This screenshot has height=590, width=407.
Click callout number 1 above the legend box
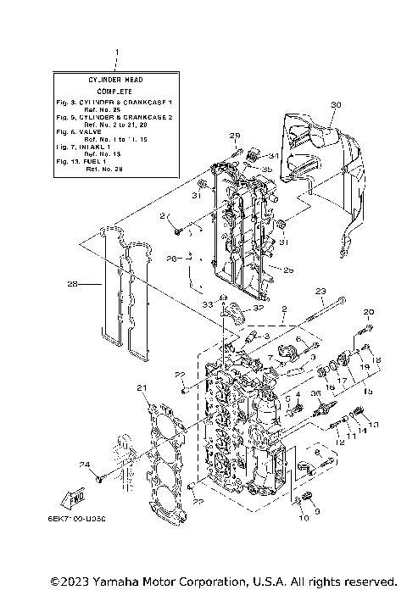[116, 53]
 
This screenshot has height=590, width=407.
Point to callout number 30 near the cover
[335, 104]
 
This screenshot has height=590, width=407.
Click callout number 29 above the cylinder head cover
[235, 136]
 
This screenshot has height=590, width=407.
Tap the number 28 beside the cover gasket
[72, 284]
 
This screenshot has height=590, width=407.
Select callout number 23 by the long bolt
[321, 291]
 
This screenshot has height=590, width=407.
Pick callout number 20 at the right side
[369, 313]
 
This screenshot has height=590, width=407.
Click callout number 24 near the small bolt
[85, 464]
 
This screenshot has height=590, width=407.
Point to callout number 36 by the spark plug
[315, 393]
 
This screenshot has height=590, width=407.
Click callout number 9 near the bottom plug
[317, 511]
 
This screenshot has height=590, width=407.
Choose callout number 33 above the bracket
[206, 303]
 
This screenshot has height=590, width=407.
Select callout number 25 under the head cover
[288, 270]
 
